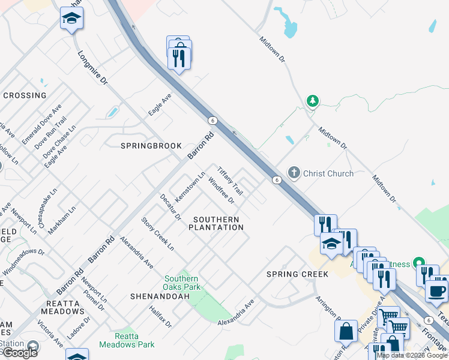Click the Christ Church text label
coord(328,173)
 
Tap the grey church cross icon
coord(294,173)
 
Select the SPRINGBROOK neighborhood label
coord(143,146)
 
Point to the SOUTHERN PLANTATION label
coord(216,224)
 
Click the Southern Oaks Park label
coord(181,283)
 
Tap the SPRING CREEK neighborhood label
coord(298,274)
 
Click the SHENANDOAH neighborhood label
coord(155,296)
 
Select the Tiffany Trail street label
coord(230,181)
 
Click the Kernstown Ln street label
coord(186,187)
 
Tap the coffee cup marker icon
coord(436,291)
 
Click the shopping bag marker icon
coord(346,331)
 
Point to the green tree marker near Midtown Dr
coord(312,100)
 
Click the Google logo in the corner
coord(20,353)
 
